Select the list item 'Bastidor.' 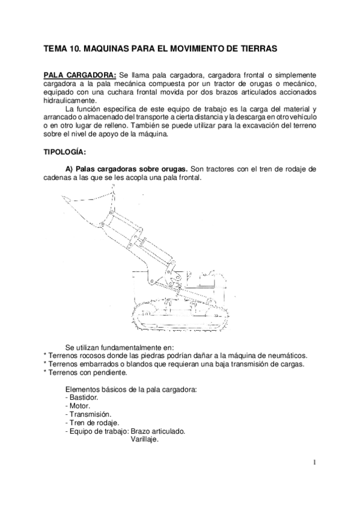click(81, 398)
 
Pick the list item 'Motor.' click(77, 406)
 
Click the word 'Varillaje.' click(144, 440)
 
